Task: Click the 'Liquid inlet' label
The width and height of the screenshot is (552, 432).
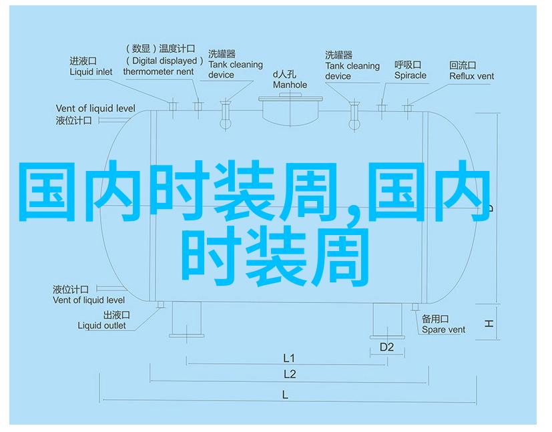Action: click(x=91, y=72)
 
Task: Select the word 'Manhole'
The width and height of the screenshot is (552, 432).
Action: click(x=290, y=85)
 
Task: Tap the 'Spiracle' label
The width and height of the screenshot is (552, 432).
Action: click(x=410, y=75)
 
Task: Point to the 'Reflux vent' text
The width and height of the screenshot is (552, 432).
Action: click(x=471, y=76)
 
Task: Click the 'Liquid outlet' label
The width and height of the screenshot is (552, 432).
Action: click(x=101, y=326)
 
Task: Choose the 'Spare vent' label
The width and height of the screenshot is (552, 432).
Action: click(x=443, y=330)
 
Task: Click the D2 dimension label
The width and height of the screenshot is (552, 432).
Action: click(x=386, y=347)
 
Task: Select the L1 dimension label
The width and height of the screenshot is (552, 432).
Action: click(x=288, y=358)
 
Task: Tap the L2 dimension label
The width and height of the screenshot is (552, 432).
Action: click(x=290, y=375)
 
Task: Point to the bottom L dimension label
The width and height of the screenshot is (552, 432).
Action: click(x=285, y=395)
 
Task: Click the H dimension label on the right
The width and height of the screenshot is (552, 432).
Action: click(x=489, y=323)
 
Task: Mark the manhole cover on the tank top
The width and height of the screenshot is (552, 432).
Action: click(x=290, y=98)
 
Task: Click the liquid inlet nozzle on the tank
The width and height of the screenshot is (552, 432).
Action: click(x=172, y=105)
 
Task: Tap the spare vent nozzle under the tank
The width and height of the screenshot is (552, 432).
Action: click(x=415, y=307)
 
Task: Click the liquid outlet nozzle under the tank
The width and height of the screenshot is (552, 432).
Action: click(x=161, y=304)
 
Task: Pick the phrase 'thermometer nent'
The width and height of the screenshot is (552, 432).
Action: click(x=158, y=71)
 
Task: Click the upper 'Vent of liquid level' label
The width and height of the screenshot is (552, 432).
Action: click(x=95, y=108)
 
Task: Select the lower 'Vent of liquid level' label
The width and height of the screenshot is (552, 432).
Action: click(x=89, y=300)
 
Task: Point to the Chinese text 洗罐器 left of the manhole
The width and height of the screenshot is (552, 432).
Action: click(x=222, y=54)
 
